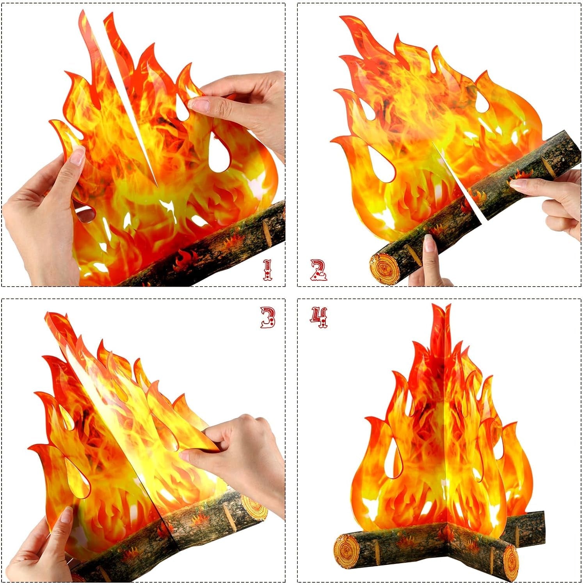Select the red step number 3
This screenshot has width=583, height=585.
(268, 317)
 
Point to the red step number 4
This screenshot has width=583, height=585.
(319, 317)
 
